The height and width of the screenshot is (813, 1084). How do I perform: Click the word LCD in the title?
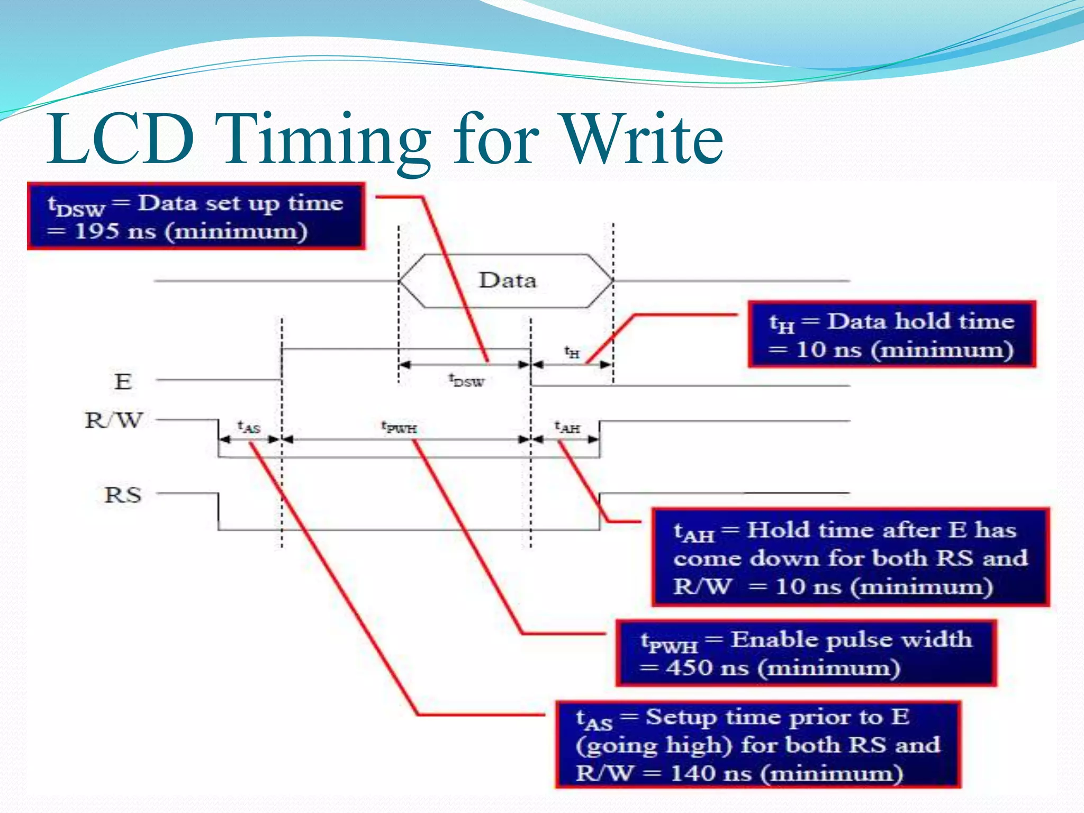121,139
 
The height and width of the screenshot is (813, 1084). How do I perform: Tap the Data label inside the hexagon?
507,281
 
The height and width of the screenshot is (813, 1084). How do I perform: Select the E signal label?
123,382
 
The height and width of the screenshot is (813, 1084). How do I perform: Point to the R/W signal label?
114,421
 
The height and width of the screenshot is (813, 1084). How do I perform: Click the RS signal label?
123,495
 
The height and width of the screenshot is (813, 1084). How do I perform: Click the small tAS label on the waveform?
249,427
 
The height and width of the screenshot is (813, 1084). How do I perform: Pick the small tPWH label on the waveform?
399,427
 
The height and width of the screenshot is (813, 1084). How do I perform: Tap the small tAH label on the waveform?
567,427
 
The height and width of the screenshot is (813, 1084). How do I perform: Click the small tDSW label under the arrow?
466,381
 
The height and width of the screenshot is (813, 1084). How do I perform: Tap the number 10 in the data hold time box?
810,350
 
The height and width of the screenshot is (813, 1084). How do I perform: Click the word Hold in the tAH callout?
775,530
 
